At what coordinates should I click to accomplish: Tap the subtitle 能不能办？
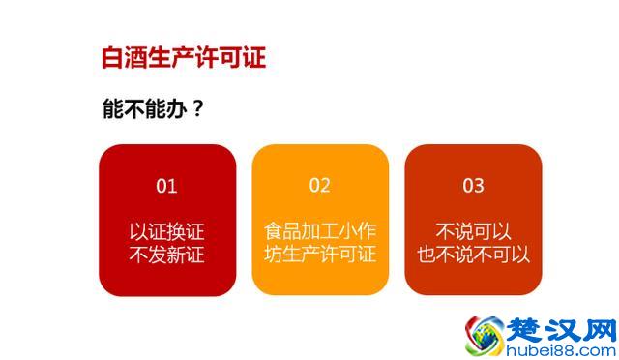[153, 109]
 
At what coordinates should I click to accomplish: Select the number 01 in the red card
[167, 185]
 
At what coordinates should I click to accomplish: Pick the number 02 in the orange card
[320, 185]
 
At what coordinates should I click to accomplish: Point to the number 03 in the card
[473, 185]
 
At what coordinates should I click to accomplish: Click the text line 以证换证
[167, 232]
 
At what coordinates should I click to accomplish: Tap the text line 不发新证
[167, 255]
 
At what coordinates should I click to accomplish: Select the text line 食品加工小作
[320, 232]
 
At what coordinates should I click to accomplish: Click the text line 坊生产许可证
[320, 255]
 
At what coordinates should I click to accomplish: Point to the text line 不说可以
[473, 232]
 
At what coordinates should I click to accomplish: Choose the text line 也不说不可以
[473, 255]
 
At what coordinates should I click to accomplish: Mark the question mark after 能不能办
[197, 109]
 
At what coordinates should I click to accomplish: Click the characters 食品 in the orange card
[282, 232]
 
